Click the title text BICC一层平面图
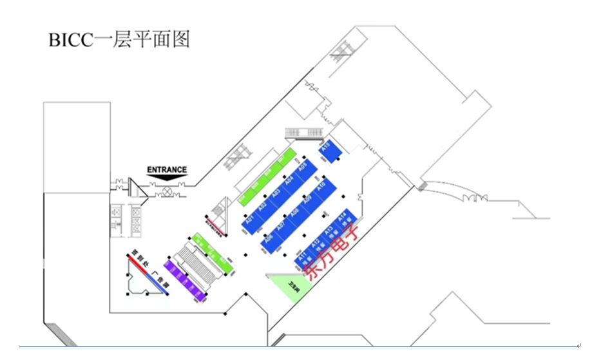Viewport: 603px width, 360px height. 119,39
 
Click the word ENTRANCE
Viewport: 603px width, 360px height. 167,170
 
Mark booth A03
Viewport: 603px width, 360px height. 276,194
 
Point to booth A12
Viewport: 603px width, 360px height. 316,245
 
